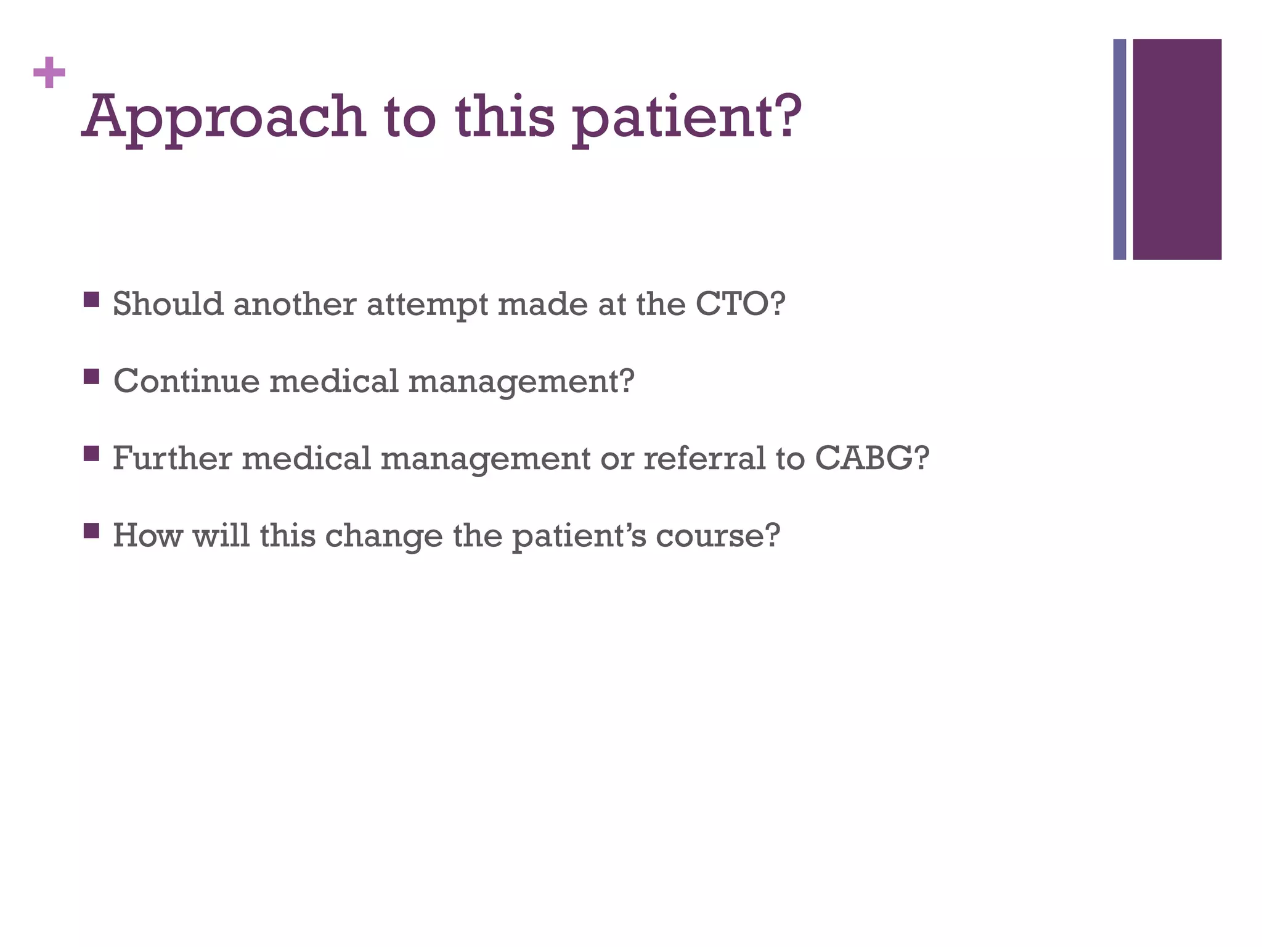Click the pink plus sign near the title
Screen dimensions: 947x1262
tap(49, 73)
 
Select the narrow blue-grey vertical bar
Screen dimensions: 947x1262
tap(1119, 149)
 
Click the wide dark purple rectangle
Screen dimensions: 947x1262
tap(1177, 149)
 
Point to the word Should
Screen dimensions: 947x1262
tap(168, 304)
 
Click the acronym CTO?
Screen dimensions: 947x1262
tap(740, 304)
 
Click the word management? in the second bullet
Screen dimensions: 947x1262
tap(521, 382)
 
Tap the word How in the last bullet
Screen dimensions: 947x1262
tap(147, 535)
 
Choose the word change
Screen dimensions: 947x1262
tap(383, 535)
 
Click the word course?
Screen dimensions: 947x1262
tap(717, 535)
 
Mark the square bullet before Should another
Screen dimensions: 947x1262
tap(91, 300)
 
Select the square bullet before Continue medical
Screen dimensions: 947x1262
tap(91, 377)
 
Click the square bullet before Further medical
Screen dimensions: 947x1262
tap(91, 454)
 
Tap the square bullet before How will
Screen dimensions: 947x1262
tap(91, 531)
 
